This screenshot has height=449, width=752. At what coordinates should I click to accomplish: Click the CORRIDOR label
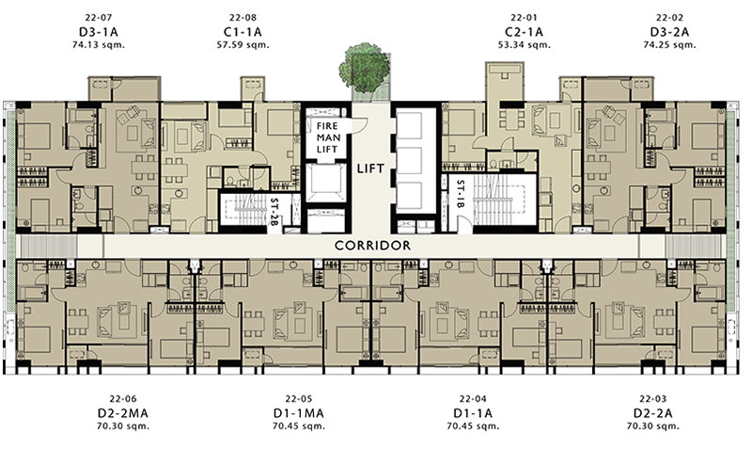(372, 246)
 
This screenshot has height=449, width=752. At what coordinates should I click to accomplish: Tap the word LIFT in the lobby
(370, 168)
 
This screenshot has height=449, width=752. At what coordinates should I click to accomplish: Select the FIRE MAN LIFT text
(328, 137)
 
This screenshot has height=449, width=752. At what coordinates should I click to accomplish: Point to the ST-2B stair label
(274, 212)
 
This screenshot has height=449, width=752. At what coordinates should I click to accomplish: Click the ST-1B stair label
(461, 194)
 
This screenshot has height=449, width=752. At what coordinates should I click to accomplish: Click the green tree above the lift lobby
(365, 68)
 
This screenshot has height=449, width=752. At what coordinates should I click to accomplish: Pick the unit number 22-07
(99, 18)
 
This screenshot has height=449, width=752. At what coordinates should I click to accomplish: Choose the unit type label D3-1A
(99, 32)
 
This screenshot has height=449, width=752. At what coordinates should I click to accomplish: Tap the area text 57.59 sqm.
(243, 45)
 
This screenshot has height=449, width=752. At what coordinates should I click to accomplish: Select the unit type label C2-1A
(524, 32)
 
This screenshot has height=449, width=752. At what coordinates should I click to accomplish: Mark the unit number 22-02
(669, 18)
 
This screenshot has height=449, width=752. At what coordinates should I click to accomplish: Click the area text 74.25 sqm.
(669, 45)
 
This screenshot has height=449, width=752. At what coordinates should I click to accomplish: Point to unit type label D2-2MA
(123, 413)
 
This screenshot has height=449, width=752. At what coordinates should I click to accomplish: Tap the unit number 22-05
(298, 399)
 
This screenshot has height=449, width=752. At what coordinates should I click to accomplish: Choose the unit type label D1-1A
(473, 413)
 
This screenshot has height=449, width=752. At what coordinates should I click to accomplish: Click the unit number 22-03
(652, 399)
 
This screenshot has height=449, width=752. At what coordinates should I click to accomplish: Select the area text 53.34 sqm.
(524, 45)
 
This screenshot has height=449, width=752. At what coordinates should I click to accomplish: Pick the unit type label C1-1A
(243, 32)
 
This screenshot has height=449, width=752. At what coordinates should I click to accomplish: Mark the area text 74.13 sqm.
(99, 45)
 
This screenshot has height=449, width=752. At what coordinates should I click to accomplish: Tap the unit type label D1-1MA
(298, 413)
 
